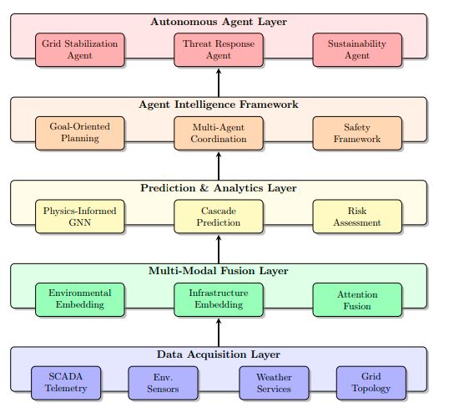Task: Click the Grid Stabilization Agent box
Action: click(80, 49)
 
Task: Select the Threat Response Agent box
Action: click(219, 49)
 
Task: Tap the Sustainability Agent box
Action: click(357, 49)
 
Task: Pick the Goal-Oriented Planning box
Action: click(80, 133)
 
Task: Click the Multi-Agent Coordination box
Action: click(219, 133)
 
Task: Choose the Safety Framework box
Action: click(357, 133)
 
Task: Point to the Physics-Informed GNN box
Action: click(80, 217)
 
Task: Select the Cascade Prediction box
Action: click(219, 217)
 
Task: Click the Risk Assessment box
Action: click(357, 217)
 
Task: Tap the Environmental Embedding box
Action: click(80, 299)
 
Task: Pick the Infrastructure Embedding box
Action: click(219, 299)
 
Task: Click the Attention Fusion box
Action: click(357, 299)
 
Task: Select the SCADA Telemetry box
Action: click(66, 383)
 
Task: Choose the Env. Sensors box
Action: click(163, 383)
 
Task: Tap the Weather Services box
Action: click(274, 383)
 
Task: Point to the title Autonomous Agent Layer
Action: click(219, 21)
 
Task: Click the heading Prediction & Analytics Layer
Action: click(219, 188)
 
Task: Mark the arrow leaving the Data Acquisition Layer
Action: click(219, 332)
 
